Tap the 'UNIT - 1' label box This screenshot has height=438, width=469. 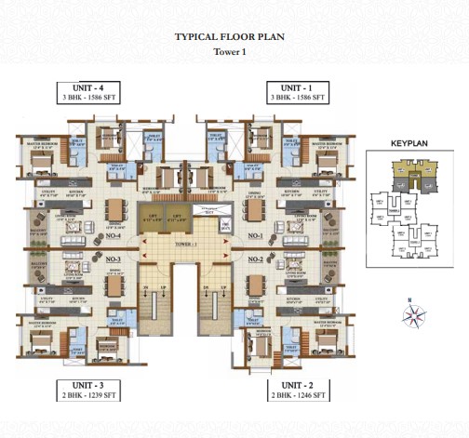pos(296,90)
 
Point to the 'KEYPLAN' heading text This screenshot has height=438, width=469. pos(408,145)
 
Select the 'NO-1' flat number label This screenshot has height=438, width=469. pos(254,236)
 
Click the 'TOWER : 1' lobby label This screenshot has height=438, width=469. pos(185,244)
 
